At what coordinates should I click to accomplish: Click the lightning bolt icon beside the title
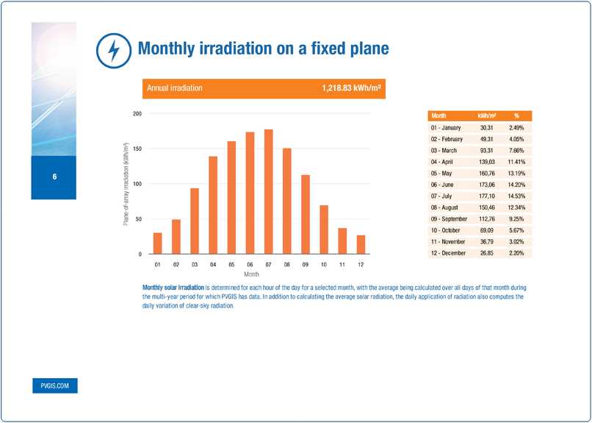pyautogui.click(x=113, y=50)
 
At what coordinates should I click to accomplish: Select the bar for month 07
pyautogui.click(x=268, y=192)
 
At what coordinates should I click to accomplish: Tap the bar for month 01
pyautogui.click(x=157, y=244)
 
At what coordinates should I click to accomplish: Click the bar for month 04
pyautogui.click(x=213, y=205)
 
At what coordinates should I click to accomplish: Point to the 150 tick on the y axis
pyautogui.click(x=137, y=149)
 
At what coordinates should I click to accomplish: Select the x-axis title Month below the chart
pyautogui.click(x=251, y=274)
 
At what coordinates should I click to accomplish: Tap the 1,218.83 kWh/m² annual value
pyautogui.click(x=351, y=88)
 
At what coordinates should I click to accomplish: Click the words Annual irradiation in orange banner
pyautogui.click(x=175, y=88)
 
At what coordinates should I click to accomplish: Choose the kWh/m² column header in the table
pyautogui.click(x=486, y=115)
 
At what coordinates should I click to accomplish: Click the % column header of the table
pyautogui.click(x=516, y=115)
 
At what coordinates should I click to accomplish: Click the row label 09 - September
pyautogui.click(x=449, y=218)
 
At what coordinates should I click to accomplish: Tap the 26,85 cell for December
pyautogui.click(x=485, y=252)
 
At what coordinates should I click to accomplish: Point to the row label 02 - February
pyautogui.click(x=447, y=138)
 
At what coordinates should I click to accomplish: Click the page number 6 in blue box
pyautogui.click(x=54, y=177)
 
